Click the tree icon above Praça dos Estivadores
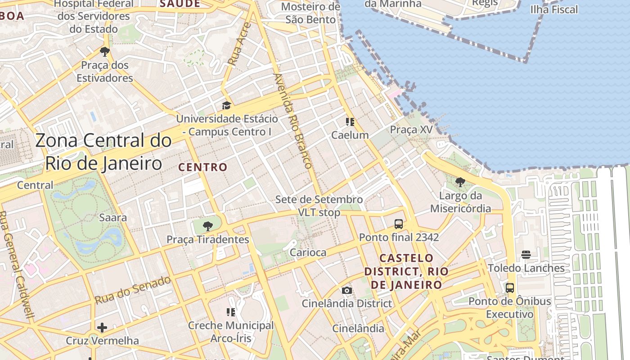[105, 52]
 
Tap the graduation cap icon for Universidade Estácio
[226, 106]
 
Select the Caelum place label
[350, 135]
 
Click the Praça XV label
[411, 130]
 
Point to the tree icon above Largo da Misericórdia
[460, 182]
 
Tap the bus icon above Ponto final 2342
[398, 224]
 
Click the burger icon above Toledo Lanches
[526, 255]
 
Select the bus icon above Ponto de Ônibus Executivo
[509, 288]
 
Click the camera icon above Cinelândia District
[346, 290]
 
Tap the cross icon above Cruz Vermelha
[102, 327]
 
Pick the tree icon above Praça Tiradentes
[207, 226]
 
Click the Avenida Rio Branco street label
[293, 121]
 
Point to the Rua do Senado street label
[133, 290]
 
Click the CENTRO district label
[203, 167]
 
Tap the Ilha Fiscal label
[554, 9]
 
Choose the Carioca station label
[308, 252]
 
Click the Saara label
[113, 218]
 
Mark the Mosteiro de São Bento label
[310, 13]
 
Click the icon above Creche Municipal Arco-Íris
[231, 312]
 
